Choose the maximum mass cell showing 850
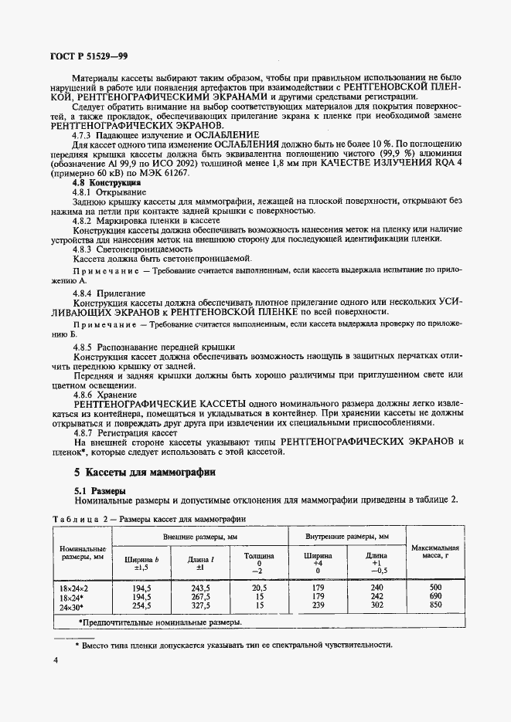pyautogui.click(x=435, y=605)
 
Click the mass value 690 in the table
pyautogui.click(x=435, y=596)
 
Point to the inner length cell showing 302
pyautogui.click(x=376, y=605)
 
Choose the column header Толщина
pyautogui.click(x=259, y=554)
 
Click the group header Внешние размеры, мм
pyautogui.click(x=199, y=536)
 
